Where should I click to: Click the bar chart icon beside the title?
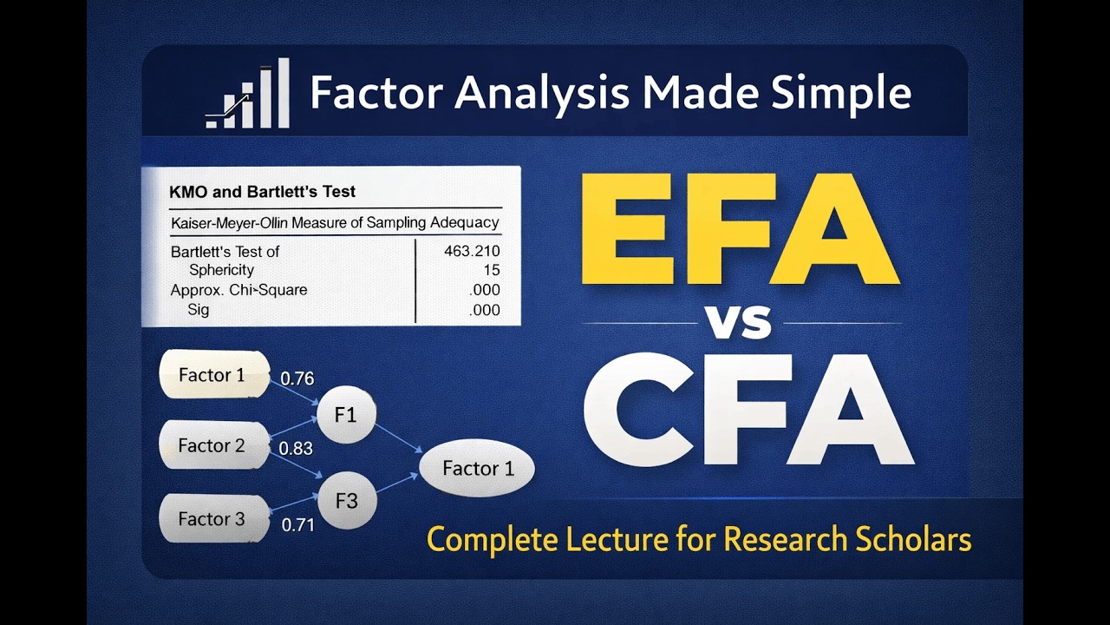[248, 95]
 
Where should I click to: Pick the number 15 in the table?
[490, 271]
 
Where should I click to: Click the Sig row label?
[199, 309]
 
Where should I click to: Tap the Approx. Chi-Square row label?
[238, 290]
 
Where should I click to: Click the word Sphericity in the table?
[222, 271]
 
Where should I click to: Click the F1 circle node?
[346, 415]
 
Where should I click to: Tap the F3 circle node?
[346, 501]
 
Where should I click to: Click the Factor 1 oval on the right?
[478, 469]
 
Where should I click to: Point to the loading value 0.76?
[297, 378]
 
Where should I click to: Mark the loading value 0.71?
[297, 525]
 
